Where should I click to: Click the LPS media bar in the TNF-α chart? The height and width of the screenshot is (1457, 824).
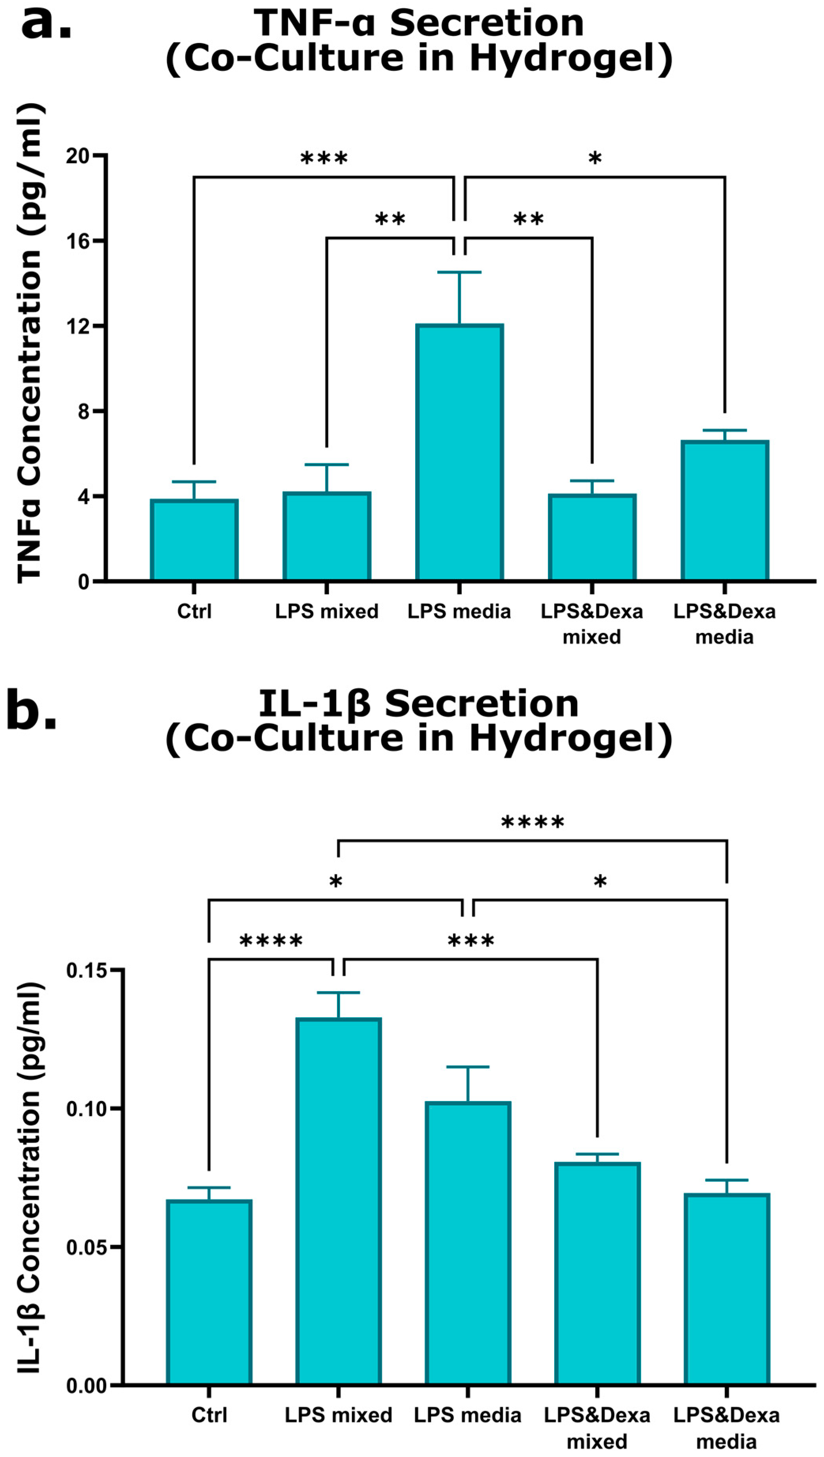pyautogui.click(x=459, y=453)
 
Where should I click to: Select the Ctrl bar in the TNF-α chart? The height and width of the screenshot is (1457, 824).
pyautogui.click(x=194, y=540)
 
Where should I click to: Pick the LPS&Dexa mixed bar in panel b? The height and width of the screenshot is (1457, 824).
pyautogui.click(x=597, y=1273)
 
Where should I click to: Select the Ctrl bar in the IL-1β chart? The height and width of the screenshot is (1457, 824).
pyautogui.click(x=209, y=1290)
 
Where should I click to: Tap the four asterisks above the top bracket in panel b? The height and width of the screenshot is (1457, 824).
pyautogui.click(x=532, y=822)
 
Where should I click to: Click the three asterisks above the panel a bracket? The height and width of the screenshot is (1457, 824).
pyautogui.click(x=324, y=158)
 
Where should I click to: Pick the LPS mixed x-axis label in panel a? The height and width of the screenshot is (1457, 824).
pyautogui.click(x=327, y=612)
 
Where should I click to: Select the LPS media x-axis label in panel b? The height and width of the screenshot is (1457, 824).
pyautogui.click(x=467, y=1415)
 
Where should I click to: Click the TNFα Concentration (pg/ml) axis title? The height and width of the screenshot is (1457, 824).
pyautogui.click(x=29, y=343)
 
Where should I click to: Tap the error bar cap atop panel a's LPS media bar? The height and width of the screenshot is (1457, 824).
pyautogui.click(x=459, y=273)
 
